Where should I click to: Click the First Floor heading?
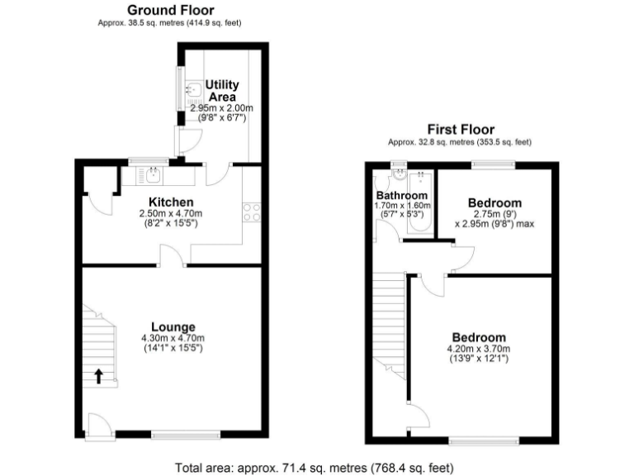point(460,129)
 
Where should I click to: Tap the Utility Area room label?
point(222,91)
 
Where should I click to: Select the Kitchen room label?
point(171,202)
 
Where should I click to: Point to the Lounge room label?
point(173,326)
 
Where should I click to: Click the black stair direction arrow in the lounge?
point(99,377)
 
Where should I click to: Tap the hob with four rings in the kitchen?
point(251,212)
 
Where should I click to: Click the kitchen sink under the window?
point(154,174)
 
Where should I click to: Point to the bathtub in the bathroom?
point(419,202)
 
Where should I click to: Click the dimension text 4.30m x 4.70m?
point(173,338)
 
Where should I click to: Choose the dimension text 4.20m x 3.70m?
point(479,349)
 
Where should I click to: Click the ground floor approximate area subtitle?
point(171,23)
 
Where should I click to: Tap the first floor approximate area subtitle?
point(460,142)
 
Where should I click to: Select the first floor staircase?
point(390,326)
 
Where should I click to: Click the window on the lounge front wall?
point(174,433)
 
